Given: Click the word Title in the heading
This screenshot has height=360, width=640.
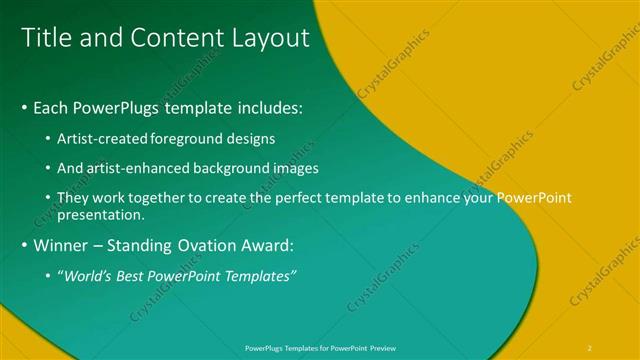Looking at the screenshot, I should tap(46, 38).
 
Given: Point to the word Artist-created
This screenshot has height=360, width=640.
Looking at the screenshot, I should tap(101, 137).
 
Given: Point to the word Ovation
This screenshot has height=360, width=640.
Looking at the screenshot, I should tap(207, 244).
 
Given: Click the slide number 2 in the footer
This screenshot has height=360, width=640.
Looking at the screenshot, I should tap(590, 347).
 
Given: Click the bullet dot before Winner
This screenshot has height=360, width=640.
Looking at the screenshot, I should tap(24, 245).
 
